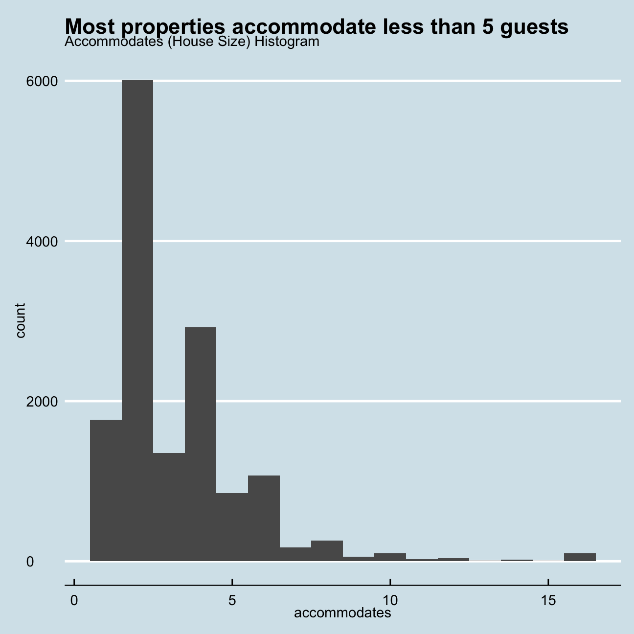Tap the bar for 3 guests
coord(169,507)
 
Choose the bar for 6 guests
coord(264,518)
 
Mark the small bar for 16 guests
coord(580,557)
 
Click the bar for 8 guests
coord(327,551)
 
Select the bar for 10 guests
coord(390,557)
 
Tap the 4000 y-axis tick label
coord(39,241)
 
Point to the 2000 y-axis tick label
coord(39,402)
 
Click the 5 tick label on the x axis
coord(232,600)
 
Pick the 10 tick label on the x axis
coord(390,600)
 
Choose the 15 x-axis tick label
coord(548,600)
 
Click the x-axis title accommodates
coord(342,613)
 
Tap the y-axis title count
coord(20,320)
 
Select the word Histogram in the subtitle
coord(287,42)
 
